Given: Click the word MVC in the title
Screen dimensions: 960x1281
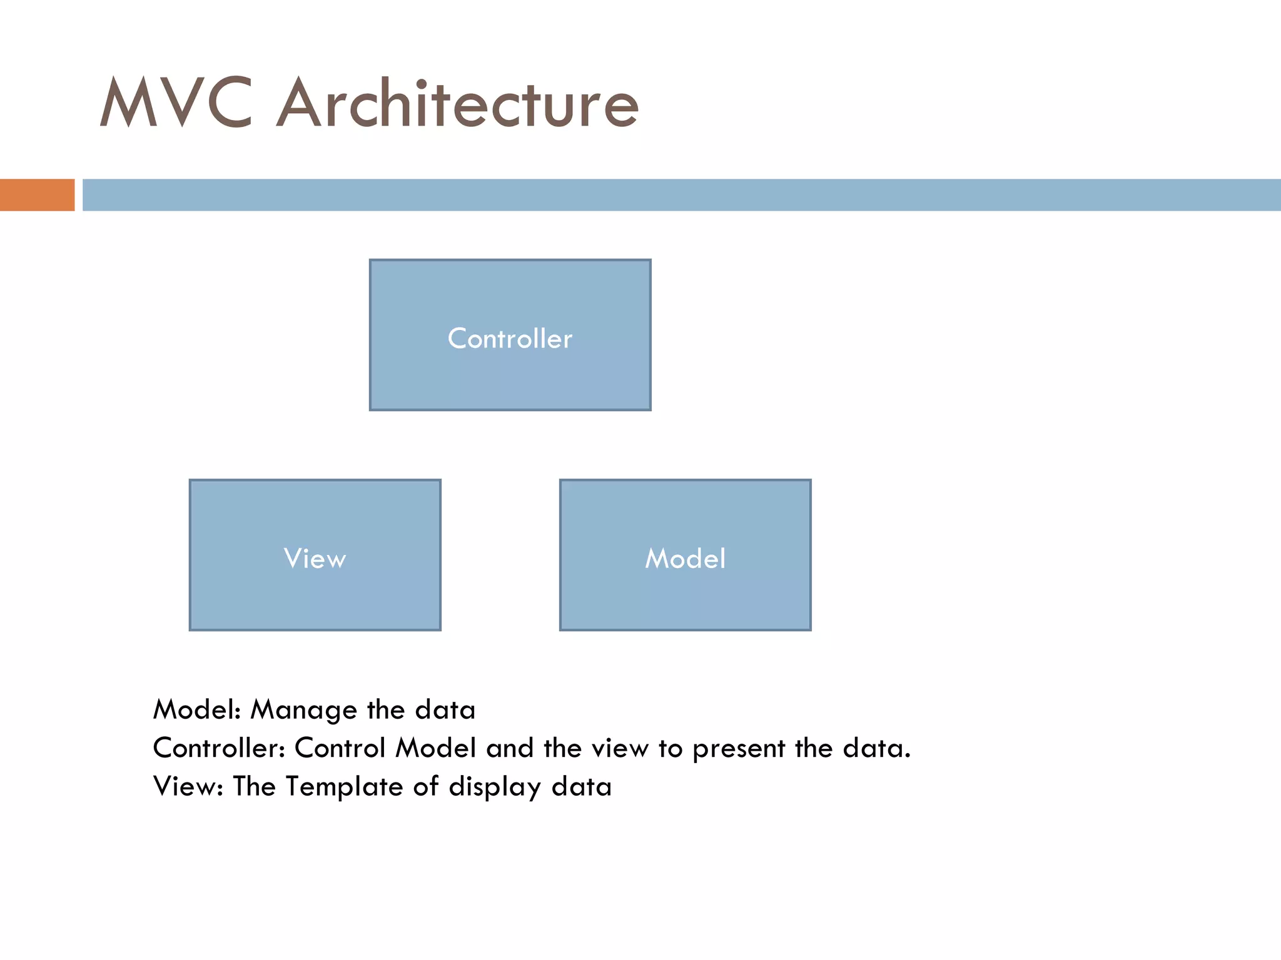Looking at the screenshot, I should tap(176, 103).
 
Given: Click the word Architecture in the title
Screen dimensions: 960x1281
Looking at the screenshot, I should tap(458, 103).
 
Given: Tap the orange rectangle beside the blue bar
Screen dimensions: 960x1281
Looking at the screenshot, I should tap(37, 195).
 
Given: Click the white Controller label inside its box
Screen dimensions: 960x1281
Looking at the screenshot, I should tap(510, 339).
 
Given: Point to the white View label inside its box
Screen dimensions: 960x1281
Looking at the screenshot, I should tap(315, 558).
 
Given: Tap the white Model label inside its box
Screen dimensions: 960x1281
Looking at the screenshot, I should tap(685, 558).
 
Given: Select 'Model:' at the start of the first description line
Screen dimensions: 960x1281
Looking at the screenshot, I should tap(197, 710).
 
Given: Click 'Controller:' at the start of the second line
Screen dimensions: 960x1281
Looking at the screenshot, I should tap(219, 748).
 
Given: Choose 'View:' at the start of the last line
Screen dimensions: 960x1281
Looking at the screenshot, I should tap(188, 786).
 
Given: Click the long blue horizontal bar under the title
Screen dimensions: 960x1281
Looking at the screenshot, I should tap(682, 195).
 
